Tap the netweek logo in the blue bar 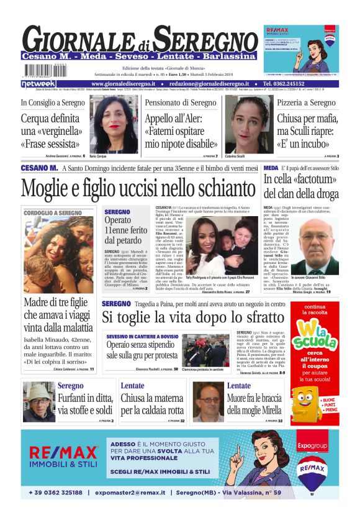38,83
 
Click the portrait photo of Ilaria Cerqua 114,124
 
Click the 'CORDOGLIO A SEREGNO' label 53,213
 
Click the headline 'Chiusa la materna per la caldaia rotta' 152,404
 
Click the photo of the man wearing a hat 38,402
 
